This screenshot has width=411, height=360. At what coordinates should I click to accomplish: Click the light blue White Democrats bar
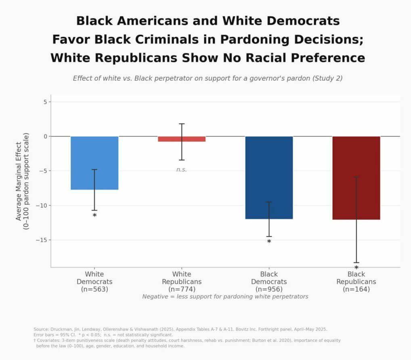[x=94, y=162]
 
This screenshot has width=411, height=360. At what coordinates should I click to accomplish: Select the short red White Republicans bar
[x=182, y=139]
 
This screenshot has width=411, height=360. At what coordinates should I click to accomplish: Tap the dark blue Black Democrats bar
[x=269, y=177]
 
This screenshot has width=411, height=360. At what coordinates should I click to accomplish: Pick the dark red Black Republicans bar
[x=356, y=178]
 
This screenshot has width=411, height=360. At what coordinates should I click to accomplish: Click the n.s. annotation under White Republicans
[x=182, y=170]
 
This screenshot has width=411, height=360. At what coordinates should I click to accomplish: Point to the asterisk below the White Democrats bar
[x=94, y=216]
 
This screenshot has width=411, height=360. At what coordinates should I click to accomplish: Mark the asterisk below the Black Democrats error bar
[x=269, y=242]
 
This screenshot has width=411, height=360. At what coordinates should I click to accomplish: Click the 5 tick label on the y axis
[x=45, y=102]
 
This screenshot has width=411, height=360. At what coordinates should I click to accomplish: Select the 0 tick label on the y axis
[x=45, y=137]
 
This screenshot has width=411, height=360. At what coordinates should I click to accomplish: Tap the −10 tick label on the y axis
[x=42, y=206]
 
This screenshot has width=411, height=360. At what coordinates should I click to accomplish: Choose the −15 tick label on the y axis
[x=42, y=240]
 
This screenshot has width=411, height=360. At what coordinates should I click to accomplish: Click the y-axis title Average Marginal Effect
[x=19, y=181]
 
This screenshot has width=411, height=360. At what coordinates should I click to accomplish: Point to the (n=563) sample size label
[x=94, y=289]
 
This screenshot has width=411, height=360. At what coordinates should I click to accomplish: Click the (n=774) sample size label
[x=182, y=289]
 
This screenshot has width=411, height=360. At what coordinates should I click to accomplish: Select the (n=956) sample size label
[x=269, y=289]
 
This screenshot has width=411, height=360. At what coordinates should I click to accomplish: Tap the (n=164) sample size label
[x=356, y=289]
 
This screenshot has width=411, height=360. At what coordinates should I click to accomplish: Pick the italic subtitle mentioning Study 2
[x=208, y=78]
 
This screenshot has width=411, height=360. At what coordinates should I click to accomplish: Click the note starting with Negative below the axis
[x=225, y=297]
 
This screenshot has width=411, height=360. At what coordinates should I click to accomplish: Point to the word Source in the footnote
[x=41, y=329]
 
